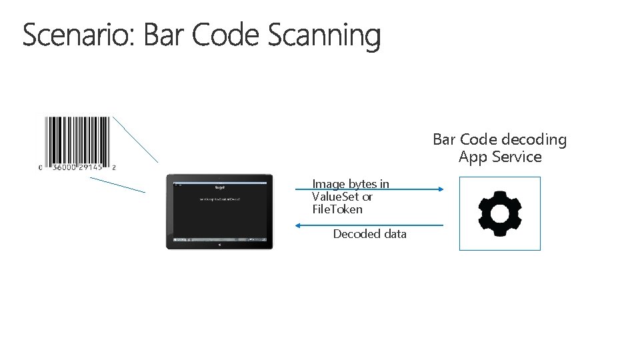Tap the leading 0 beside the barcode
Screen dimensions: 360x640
[x=41, y=168]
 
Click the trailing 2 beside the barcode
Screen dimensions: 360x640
[x=114, y=168]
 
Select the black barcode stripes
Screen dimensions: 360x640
[x=77, y=139]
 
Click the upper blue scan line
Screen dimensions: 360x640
[x=135, y=139]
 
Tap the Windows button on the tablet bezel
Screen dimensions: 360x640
[x=219, y=245]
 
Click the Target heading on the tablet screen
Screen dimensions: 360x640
[x=219, y=187]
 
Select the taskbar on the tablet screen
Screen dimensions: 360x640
[x=219, y=239]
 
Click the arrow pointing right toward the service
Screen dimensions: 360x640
[x=370, y=189]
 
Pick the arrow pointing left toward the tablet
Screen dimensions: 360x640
[x=370, y=225]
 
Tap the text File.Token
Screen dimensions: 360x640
[x=337, y=209]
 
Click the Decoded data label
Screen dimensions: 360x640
[x=369, y=234]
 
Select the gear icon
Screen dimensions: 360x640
[x=500, y=213]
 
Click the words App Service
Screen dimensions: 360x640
[x=500, y=157]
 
